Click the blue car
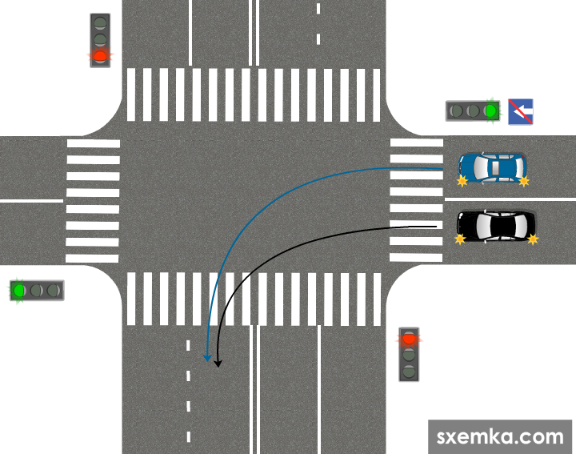pyautogui.click(x=492, y=167)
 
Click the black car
pyautogui.click(x=496, y=225)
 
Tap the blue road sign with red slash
pyautogui.click(x=521, y=111)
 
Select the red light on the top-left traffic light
pyautogui.click(x=100, y=56)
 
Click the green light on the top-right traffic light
pyautogui.click(x=491, y=110)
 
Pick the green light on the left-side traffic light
pyautogui.click(x=18, y=290)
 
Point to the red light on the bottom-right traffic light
pyautogui.click(x=410, y=339)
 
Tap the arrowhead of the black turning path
pyautogui.click(x=218, y=364)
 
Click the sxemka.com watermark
pyautogui.click(x=501, y=436)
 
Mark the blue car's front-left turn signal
pyautogui.click(x=462, y=182)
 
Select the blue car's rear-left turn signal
pyautogui.click(x=524, y=182)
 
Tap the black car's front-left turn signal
pyautogui.click(x=460, y=239)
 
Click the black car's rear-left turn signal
pyautogui.click(x=533, y=239)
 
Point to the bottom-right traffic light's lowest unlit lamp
pyautogui.click(x=410, y=371)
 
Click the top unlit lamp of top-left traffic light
pyautogui.click(x=100, y=22)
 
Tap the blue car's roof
pyautogui.click(x=496, y=167)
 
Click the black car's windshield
pyautogui.click(x=482, y=225)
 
